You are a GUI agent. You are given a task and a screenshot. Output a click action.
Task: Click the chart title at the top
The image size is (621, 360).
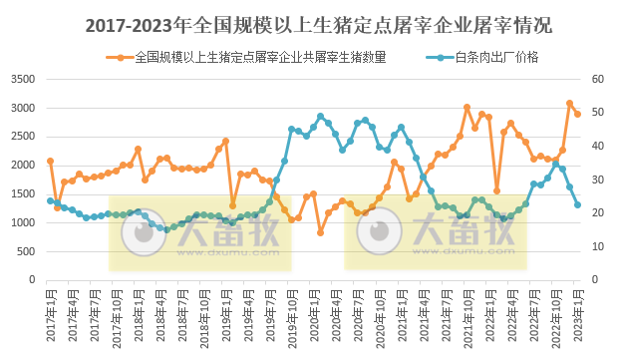(310, 23)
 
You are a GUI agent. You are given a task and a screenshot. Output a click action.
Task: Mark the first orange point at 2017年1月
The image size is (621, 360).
(50, 161)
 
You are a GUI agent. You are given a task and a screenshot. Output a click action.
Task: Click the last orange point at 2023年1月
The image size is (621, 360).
(577, 114)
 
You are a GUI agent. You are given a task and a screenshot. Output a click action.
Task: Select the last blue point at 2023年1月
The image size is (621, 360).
(577, 205)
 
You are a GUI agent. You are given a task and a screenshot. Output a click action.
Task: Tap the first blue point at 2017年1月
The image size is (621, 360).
(50, 200)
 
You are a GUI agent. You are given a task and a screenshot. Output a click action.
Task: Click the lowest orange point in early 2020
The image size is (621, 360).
(320, 232)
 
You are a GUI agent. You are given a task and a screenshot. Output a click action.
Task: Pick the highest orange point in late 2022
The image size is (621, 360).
(570, 103)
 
